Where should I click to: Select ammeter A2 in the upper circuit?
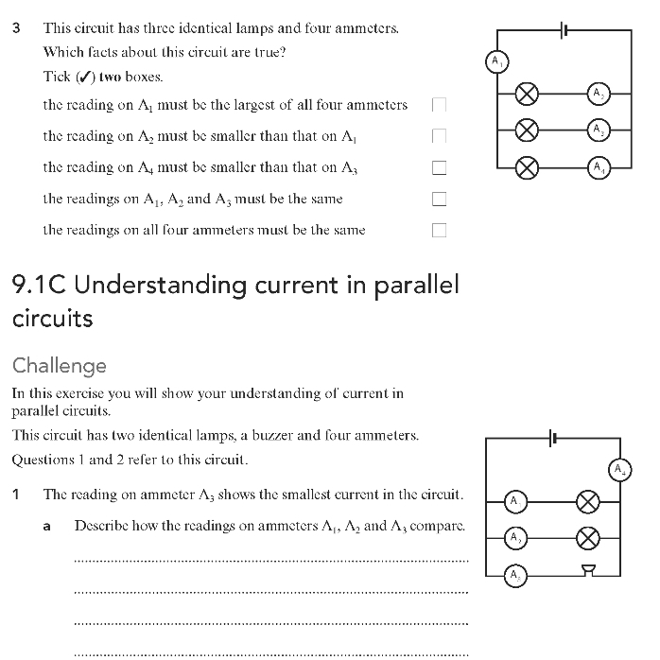pos(598,93)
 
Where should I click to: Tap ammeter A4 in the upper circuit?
pos(598,167)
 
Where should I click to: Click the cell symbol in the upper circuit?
pos(564,30)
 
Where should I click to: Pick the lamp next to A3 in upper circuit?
pos(528,130)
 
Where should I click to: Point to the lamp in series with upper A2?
pos(528,93)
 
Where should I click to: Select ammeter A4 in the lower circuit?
pos(619,469)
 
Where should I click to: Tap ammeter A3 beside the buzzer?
pos(514,574)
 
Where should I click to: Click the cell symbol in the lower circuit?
pos(553,437)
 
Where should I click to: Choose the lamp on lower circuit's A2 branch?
pos(587,537)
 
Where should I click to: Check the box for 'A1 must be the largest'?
pos(439,105)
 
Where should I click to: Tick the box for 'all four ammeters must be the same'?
pos(439,230)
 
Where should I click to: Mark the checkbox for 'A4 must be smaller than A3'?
pos(439,168)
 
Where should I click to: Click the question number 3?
pos(17,27)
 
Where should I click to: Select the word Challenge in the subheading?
pos(60,365)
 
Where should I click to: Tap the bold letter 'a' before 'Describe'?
pos(47,526)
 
